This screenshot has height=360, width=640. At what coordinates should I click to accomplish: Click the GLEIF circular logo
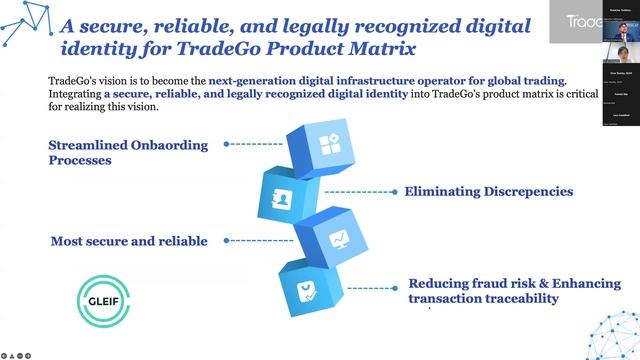pyautogui.click(x=104, y=298)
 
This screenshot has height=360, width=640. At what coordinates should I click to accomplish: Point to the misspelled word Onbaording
pyautogui.click(x=179, y=145)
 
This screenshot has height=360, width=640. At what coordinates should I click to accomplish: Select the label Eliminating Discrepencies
pyautogui.click(x=488, y=191)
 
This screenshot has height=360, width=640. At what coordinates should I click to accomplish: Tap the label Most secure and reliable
pyautogui.click(x=129, y=241)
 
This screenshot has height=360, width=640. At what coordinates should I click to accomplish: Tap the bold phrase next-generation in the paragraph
pyautogui.click(x=252, y=81)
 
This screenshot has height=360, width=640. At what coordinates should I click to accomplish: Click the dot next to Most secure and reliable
pyautogui.click(x=227, y=240)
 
